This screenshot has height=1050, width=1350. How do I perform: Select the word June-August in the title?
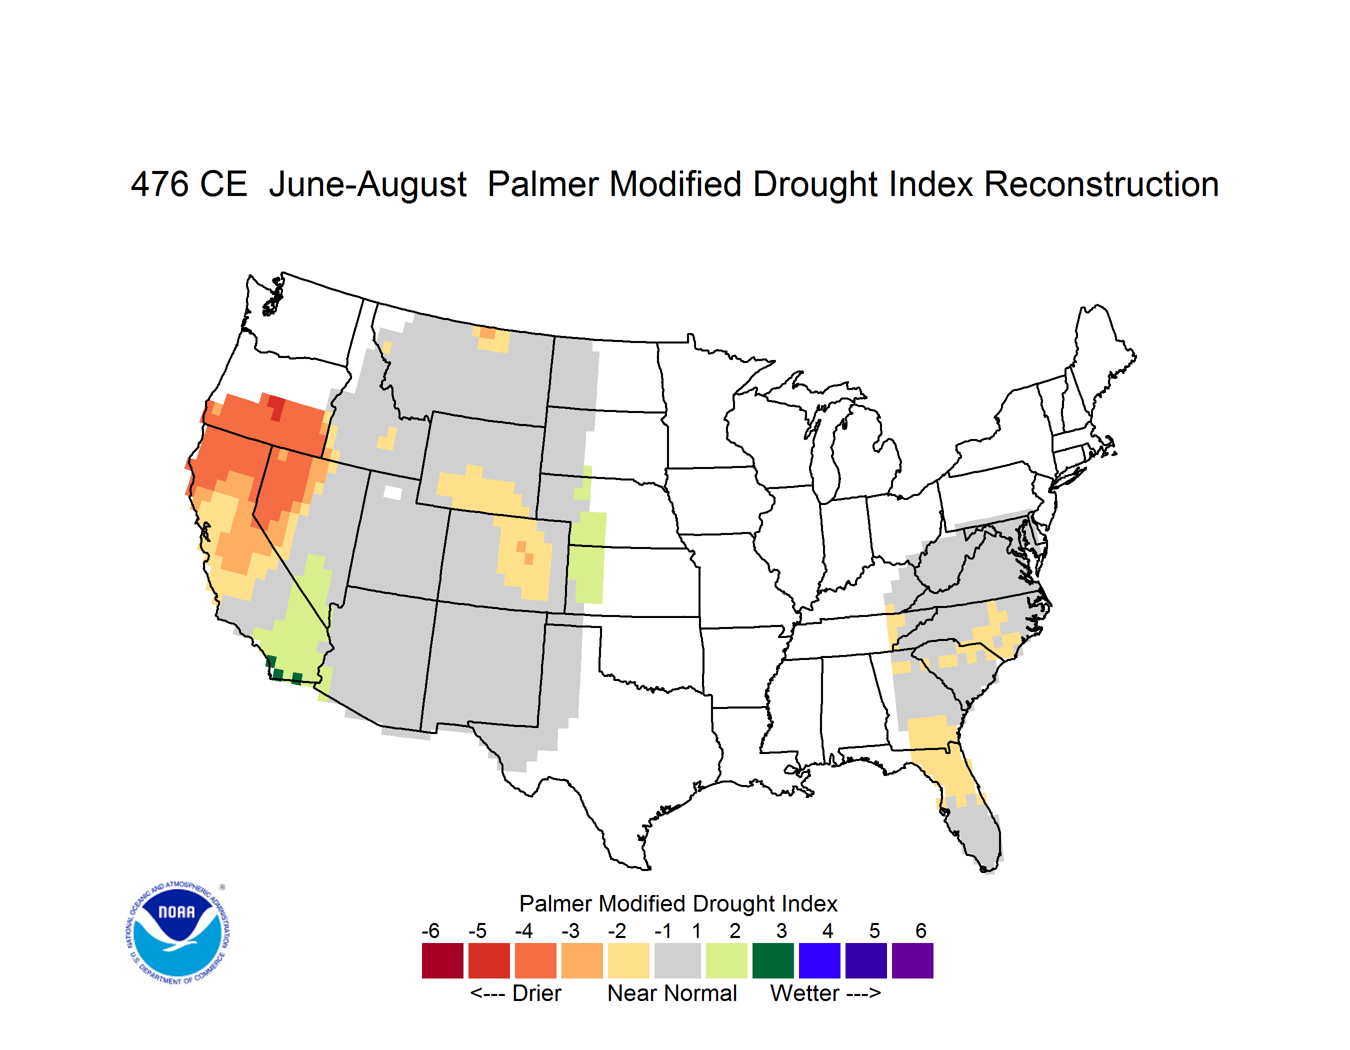368,185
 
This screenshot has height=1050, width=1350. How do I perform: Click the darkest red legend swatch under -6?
442,960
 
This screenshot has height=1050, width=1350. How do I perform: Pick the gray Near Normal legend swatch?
677,960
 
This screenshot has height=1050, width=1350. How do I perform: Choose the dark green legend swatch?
772,960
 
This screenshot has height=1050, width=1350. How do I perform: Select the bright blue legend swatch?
819,960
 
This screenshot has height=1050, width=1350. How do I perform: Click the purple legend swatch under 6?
912,960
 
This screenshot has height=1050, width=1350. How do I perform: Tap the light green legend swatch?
726,960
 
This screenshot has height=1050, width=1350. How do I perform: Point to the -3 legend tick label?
570,930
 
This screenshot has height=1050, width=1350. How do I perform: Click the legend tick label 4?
827,930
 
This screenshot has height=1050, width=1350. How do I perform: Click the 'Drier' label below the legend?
536,993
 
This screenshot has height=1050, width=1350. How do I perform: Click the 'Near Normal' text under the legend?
672,993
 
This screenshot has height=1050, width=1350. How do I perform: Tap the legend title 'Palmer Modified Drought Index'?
678,903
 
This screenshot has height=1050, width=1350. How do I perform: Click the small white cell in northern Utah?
392,492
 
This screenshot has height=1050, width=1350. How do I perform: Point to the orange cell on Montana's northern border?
487,332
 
